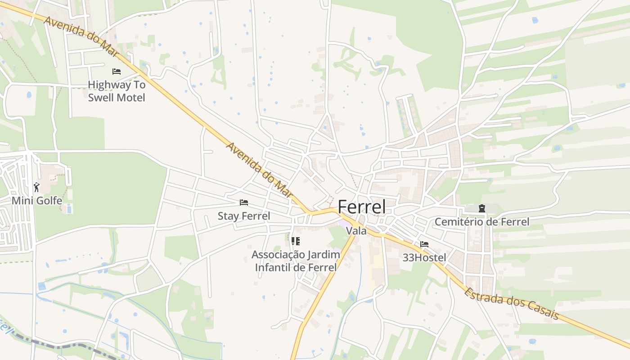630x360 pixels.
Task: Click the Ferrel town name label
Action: click(x=361, y=207)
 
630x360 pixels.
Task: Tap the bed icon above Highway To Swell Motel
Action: click(x=117, y=71)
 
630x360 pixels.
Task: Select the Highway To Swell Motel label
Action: click(x=117, y=91)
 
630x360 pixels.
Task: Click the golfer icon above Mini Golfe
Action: click(x=36, y=187)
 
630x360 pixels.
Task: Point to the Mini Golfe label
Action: click(x=37, y=201)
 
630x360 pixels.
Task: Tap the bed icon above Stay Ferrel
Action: click(x=244, y=202)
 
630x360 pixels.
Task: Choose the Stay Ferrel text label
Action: click(x=244, y=216)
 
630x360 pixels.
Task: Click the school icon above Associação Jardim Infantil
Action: click(x=295, y=241)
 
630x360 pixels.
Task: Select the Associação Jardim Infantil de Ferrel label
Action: click(x=296, y=261)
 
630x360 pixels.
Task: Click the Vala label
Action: click(x=356, y=231)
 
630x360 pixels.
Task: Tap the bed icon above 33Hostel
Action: click(x=424, y=244)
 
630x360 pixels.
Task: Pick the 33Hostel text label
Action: click(x=424, y=258)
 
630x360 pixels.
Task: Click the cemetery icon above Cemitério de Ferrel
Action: click(x=482, y=208)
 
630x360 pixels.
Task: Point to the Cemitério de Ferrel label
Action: click(x=481, y=222)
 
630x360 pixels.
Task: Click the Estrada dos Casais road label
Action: click(x=511, y=304)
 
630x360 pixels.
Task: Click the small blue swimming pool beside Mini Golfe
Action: click(x=68, y=209)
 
